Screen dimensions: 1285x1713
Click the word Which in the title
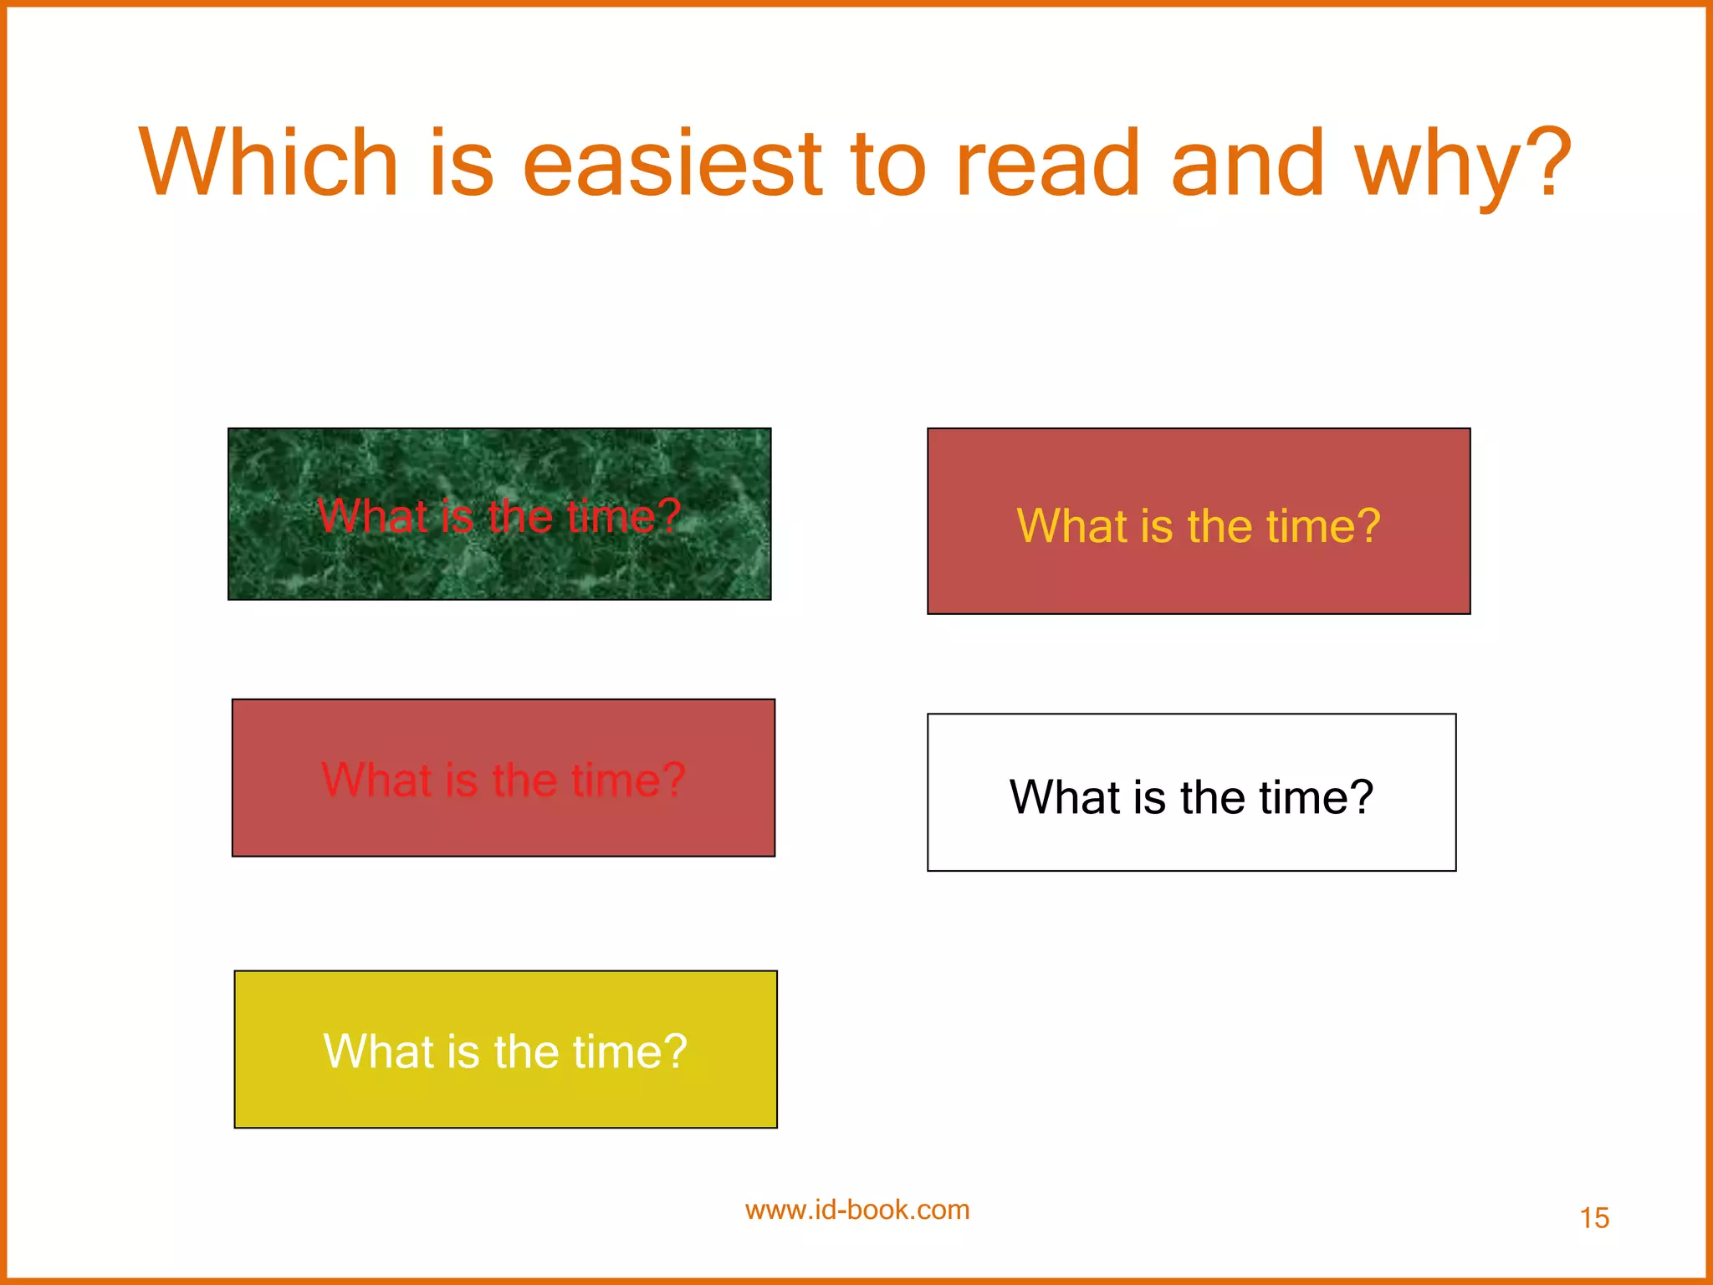268,162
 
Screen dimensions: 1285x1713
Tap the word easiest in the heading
673,162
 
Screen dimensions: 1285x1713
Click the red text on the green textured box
499,515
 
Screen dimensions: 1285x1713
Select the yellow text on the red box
1198,525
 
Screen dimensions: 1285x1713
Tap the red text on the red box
504,780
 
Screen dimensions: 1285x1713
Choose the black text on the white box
1191,796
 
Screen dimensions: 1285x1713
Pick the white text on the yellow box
505,1051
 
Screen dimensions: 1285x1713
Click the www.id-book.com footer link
857,1210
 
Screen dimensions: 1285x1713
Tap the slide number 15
1594,1218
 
